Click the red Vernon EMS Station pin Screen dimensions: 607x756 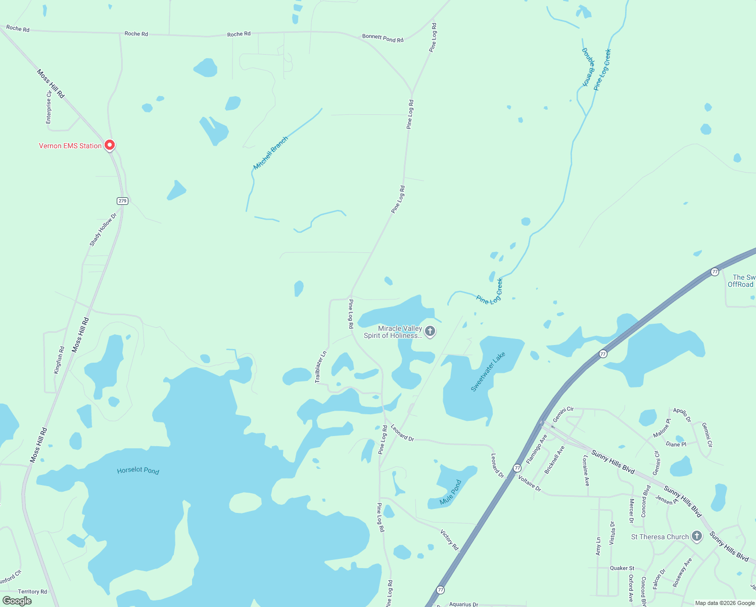pyautogui.click(x=110, y=145)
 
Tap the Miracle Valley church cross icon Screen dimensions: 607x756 pyautogui.click(x=430, y=331)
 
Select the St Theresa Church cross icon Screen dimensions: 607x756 pyautogui.click(x=697, y=536)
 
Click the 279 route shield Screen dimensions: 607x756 pyautogui.click(x=122, y=201)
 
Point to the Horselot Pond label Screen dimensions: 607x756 pyautogui.click(x=138, y=470)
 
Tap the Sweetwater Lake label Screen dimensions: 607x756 pyautogui.click(x=488, y=372)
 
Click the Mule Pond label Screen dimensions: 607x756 pyautogui.click(x=451, y=492)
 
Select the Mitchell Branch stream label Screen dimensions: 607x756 pyautogui.click(x=270, y=153)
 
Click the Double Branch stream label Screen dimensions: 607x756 pyautogui.click(x=589, y=67)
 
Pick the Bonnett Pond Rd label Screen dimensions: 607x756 pyautogui.click(x=383, y=38)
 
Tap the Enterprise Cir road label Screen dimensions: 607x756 pyautogui.click(x=49, y=107)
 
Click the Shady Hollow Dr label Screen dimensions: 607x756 pyautogui.click(x=103, y=230)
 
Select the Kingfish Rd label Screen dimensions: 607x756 pyautogui.click(x=60, y=360)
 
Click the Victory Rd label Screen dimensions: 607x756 pyautogui.click(x=449, y=540)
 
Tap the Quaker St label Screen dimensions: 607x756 pyautogui.click(x=622, y=568)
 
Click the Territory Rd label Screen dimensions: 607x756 pyautogui.click(x=32, y=591)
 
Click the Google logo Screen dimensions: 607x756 pyautogui.click(x=17, y=601)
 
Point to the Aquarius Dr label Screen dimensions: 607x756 pyautogui.click(x=463, y=604)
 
